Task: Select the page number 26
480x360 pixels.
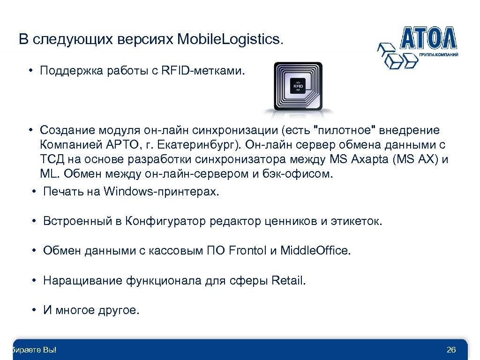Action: click(x=451, y=351)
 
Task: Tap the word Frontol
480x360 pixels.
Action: click(x=248, y=251)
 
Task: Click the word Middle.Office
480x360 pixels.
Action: click(x=315, y=251)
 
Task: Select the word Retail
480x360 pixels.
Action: click(x=288, y=281)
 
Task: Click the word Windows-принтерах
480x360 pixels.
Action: click(x=161, y=191)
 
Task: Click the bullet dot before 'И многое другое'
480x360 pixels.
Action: click(x=35, y=311)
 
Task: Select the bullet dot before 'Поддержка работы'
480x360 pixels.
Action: click(x=29, y=71)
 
